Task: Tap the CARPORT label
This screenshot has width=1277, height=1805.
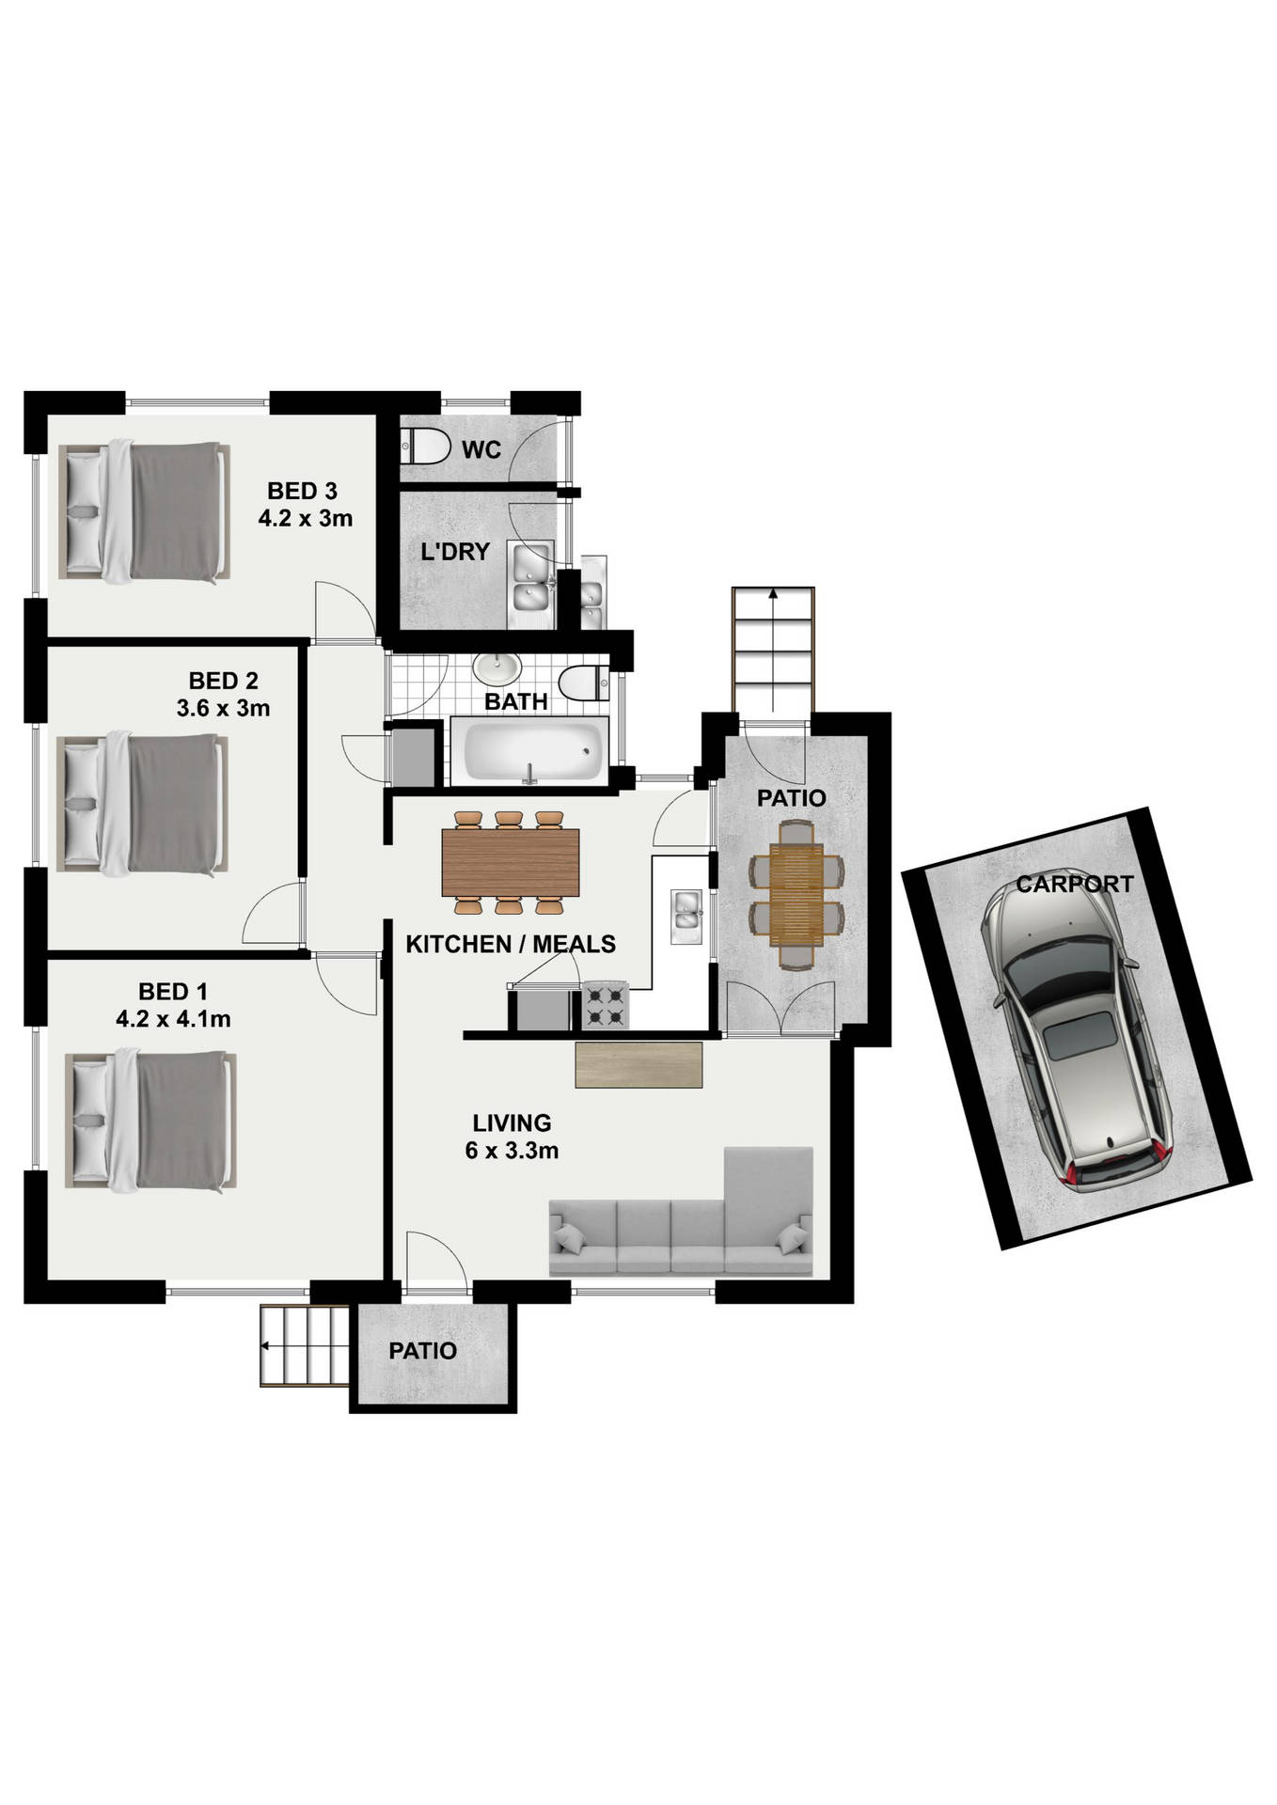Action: pos(1074,884)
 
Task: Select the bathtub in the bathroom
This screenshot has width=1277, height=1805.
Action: pos(529,750)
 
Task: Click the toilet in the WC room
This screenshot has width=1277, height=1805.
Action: pos(426,446)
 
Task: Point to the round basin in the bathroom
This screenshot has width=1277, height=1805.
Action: pos(497,669)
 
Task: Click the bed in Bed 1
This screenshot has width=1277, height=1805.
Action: pos(149,1122)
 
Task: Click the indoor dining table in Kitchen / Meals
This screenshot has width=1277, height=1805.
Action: pos(510,863)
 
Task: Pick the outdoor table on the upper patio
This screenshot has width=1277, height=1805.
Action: pos(796,894)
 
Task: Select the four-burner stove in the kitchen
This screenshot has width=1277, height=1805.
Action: pos(605,1005)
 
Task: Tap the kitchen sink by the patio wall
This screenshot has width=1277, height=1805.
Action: pos(686,917)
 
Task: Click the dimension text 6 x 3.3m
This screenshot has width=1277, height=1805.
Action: pos(512,1150)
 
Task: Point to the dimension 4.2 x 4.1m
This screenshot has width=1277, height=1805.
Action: pos(173,1018)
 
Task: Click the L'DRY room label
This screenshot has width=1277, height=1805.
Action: pos(455,552)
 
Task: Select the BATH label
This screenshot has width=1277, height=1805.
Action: pos(516,701)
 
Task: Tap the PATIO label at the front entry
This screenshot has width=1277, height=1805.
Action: pos(423,1351)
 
